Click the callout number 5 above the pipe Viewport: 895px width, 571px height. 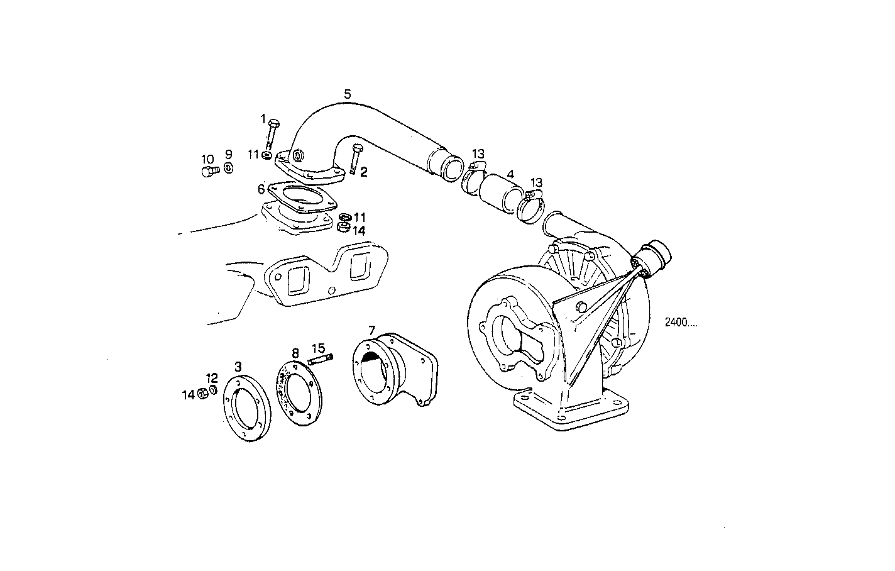point(348,94)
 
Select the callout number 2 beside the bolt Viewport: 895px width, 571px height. point(363,172)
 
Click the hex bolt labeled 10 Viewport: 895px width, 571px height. point(208,171)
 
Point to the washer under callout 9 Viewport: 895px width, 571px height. point(228,167)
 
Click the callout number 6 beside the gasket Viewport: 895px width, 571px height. point(261,189)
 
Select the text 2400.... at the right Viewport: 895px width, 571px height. point(681,324)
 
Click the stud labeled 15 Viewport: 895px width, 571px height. point(320,360)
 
